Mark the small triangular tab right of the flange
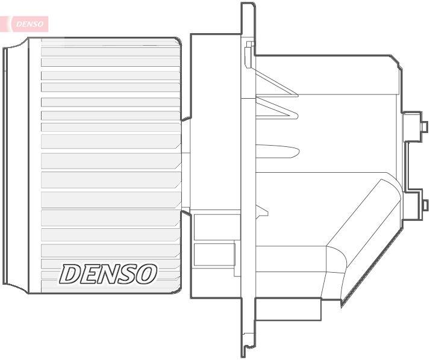pyautogui.click(x=262, y=210)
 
